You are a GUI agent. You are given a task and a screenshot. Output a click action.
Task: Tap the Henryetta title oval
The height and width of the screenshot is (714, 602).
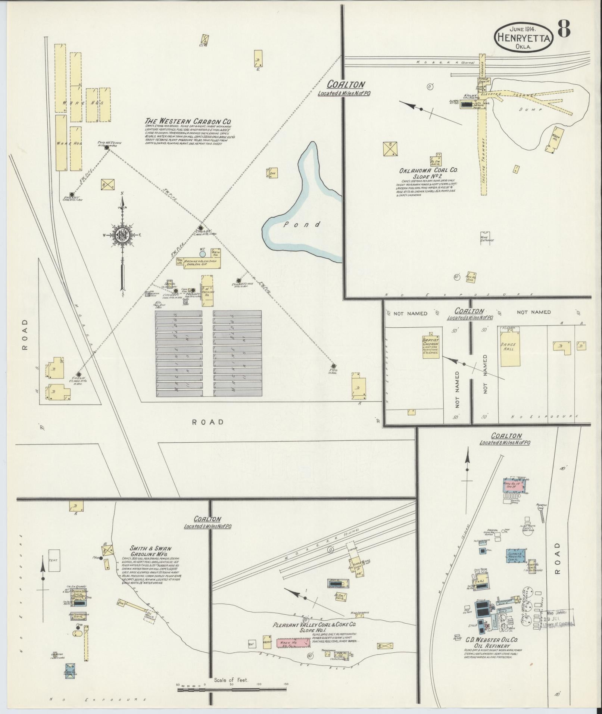pos(524,38)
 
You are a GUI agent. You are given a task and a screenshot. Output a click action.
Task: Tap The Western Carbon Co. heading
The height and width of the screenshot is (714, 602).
pos(188,121)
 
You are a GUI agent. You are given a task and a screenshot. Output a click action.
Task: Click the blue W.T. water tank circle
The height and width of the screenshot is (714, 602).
pos(202,254)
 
